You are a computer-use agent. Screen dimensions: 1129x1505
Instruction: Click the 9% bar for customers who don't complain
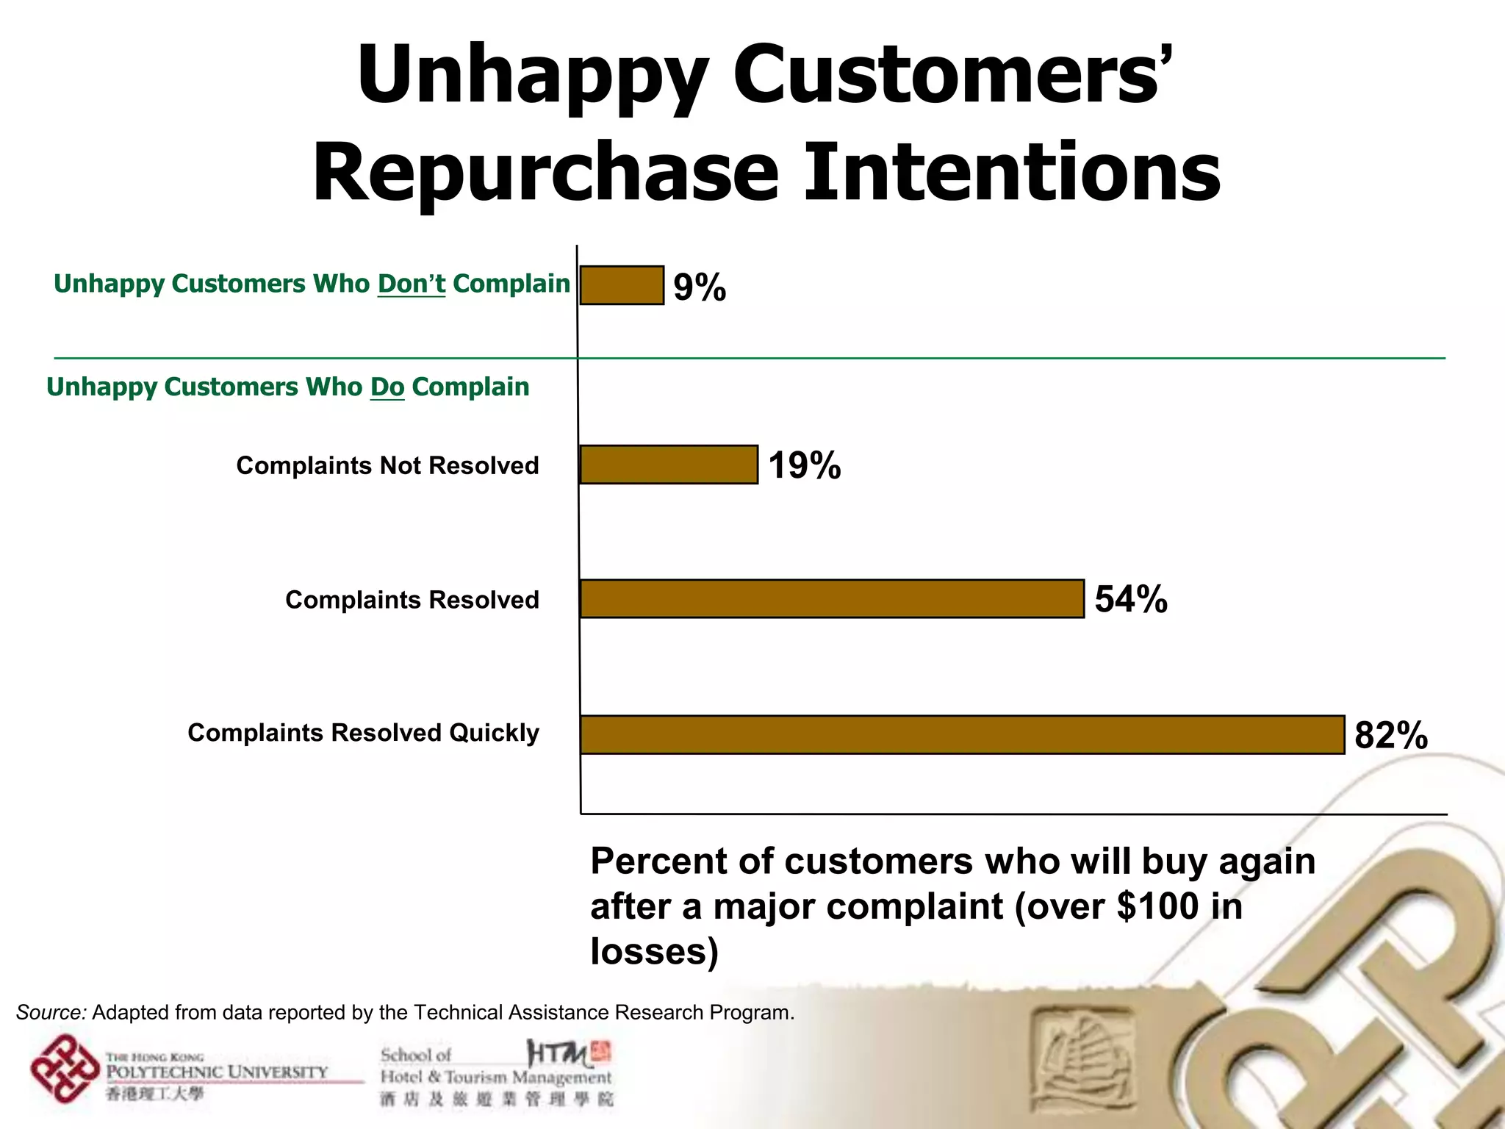(x=622, y=285)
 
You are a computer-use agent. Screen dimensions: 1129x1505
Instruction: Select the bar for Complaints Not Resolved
(x=669, y=465)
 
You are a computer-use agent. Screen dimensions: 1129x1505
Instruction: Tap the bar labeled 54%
(x=832, y=599)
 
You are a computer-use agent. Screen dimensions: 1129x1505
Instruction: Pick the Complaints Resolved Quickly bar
(x=962, y=734)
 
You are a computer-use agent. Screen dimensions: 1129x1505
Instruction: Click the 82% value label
(x=1390, y=735)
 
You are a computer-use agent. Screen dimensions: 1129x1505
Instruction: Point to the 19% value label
(x=805, y=466)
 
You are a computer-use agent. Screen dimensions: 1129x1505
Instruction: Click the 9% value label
(x=700, y=287)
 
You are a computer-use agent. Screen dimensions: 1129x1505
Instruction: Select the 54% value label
(x=1131, y=600)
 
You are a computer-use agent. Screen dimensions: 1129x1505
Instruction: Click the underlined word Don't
(x=412, y=284)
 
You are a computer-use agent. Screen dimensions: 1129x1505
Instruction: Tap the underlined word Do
(x=387, y=387)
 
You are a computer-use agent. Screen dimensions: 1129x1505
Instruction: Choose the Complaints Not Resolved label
(x=387, y=465)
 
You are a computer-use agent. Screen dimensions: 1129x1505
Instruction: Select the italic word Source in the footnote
(x=51, y=1013)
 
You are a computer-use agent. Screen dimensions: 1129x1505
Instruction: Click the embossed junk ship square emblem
(x=1081, y=1053)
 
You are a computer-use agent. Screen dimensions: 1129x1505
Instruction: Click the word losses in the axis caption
(x=653, y=951)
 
